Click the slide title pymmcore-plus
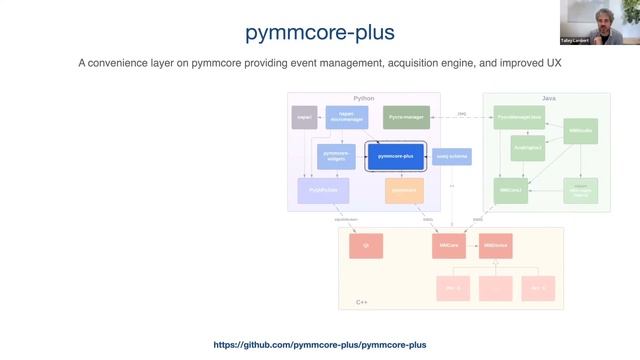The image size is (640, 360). coord(320,33)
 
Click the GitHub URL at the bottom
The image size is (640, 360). coord(320,345)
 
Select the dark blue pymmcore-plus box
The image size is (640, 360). coord(396,157)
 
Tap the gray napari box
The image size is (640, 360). coord(304,118)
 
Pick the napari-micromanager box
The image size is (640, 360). coord(342,118)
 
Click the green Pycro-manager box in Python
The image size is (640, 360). coord(407,118)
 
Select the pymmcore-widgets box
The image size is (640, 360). coord(336,156)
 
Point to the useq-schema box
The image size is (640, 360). coord(452,157)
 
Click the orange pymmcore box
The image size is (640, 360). coord(404,189)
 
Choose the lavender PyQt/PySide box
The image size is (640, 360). coord(317,189)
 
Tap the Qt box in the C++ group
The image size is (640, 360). coord(366,244)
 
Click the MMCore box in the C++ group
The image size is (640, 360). coord(451,244)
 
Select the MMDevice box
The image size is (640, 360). coord(495,244)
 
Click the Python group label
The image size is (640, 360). coord(364,98)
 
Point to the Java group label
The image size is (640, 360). coord(548,98)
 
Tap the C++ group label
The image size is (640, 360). coord(362,301)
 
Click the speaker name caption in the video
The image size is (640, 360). coord(599,41)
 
